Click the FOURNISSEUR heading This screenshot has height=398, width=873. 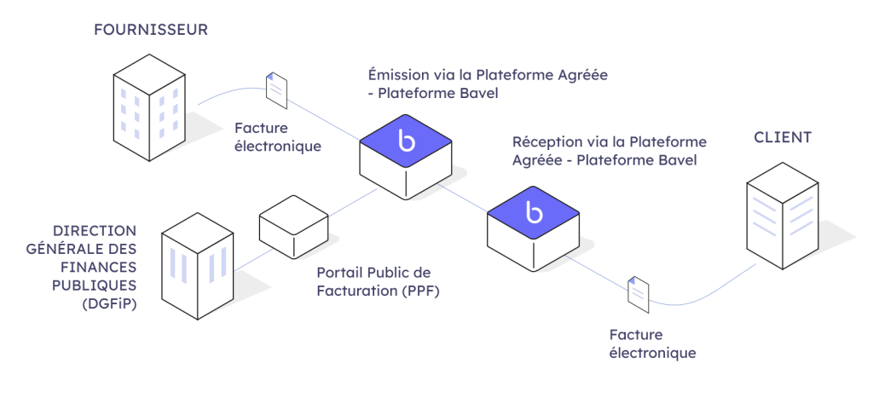click(151, 31)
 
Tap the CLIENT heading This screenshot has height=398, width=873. click(783, 137)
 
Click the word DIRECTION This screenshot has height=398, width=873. click(94, 231)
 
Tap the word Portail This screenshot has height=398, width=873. click(340, 273)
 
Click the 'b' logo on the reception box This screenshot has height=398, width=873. click(535, 212)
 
